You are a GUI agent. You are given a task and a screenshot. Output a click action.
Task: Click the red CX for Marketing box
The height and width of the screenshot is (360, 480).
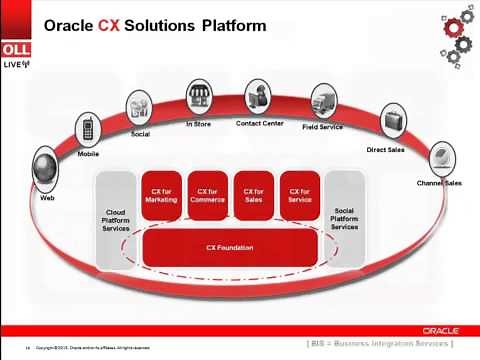[x=160, y=195]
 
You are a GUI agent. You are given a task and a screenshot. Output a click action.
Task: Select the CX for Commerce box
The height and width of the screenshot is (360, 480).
[x=207, y=195]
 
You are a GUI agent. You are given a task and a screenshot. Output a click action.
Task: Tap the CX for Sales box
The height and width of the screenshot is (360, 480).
[x=253, y=195]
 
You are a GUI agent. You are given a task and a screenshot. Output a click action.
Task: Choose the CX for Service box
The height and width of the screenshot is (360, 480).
[x=299, y=195]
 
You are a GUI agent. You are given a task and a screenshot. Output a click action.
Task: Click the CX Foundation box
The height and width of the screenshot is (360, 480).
[x=230, y=247]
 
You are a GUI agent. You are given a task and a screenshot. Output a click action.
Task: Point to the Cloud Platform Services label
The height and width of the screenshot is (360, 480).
[x=117, y=220]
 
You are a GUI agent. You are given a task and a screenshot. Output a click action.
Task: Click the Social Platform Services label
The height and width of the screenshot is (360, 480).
[x=344, y=220]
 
